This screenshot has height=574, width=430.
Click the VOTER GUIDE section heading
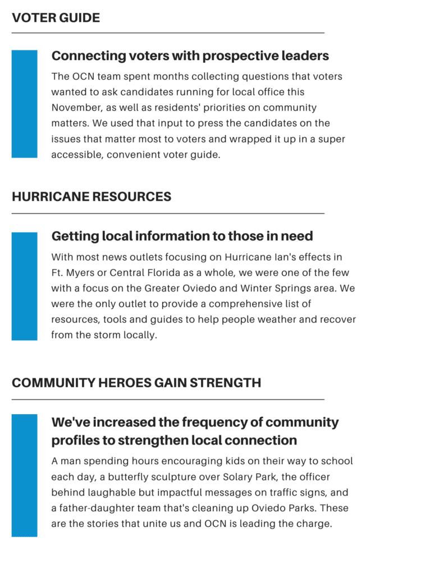pos(56,18)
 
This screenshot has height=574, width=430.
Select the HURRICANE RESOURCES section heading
pos(92,197)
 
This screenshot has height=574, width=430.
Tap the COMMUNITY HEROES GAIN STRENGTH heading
pos(136,383)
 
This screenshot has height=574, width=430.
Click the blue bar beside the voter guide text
pos(25,104)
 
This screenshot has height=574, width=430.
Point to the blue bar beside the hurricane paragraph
pos(25,286)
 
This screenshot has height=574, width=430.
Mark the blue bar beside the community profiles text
pos(25,475)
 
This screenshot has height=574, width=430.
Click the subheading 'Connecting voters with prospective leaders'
pos(190,56)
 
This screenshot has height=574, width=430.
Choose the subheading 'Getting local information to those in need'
pos(182,237)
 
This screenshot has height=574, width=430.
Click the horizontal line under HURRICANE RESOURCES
pos(168,214)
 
